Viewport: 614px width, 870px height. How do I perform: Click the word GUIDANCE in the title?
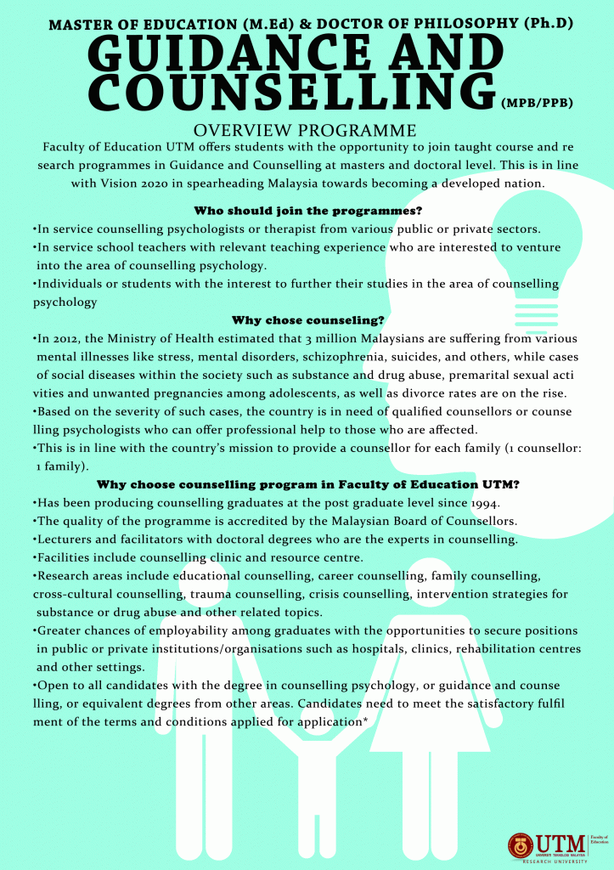tap(211, 58)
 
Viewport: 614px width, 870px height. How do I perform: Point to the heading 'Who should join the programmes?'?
tap(308, 210)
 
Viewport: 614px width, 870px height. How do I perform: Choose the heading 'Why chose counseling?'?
tap(308, 320)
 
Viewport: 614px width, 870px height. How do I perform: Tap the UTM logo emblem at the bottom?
tap(521, 845)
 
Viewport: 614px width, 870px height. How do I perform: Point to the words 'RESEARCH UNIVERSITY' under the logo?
tap(553, 862)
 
